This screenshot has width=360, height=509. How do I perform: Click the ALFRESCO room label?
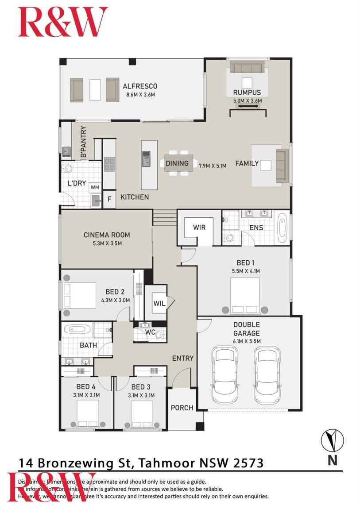140,86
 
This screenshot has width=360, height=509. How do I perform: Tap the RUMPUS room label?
247,93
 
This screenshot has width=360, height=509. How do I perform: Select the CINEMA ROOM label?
107,235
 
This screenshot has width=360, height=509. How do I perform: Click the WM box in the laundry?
95,187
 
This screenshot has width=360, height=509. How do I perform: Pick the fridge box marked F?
109,200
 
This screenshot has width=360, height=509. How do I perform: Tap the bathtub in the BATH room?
77,330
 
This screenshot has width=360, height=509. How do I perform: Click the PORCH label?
182,407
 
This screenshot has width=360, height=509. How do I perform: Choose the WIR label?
199,228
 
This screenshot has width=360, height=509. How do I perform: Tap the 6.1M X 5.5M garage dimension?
247,341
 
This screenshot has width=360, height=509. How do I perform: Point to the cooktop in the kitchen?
109,164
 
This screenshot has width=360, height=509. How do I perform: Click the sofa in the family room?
282,165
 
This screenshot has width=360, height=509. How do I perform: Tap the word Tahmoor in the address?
166,463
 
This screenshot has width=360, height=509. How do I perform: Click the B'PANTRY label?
83,143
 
